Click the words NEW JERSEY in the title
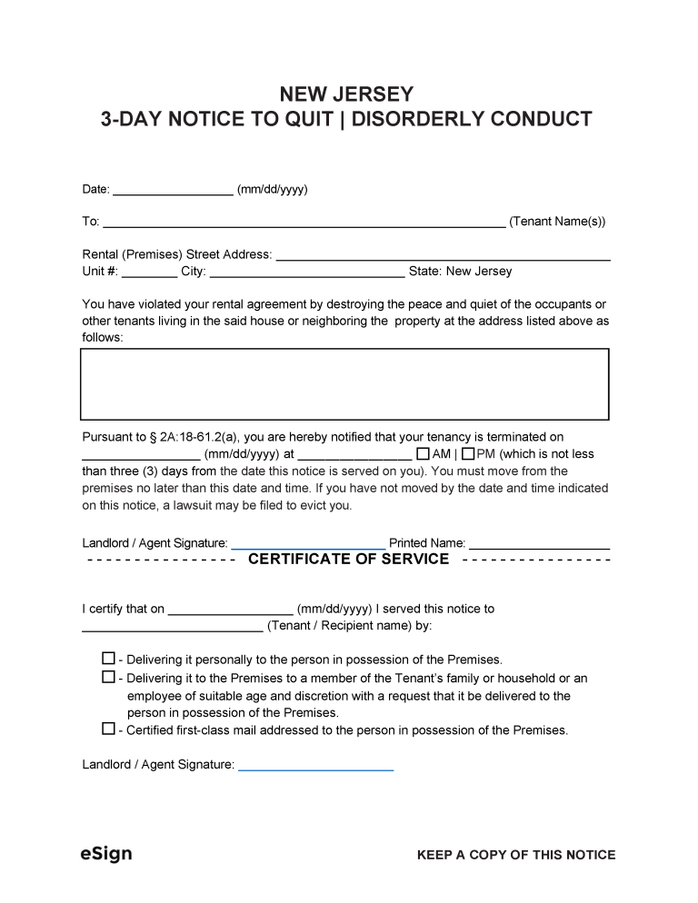[x=346, y=94]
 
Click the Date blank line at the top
[x=173, y=192]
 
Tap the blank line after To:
[x=304, y=223]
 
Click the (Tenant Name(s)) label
[x=557, y=222]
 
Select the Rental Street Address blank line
[x=442, y=257]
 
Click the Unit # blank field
[x=149, y=273]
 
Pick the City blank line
[x=306, y=273]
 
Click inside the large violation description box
[x=345, y=383]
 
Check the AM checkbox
[x=422, y=453]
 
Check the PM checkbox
[x=468, y=453]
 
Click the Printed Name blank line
[x=539, y=545]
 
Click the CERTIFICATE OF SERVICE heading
[x=348, y=560]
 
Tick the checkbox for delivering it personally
[x=108, y=659]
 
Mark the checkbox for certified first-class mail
[x=108, y=729]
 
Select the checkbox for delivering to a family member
[x=108, y=677]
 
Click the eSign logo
[x=106, y=854]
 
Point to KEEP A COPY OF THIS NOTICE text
[x=515, y=855]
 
